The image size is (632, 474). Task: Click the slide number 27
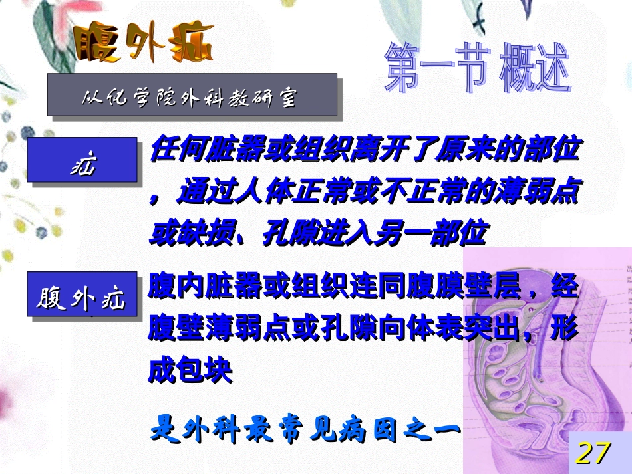click(x=593, y=453)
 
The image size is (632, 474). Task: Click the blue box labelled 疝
click(x=82, y=160)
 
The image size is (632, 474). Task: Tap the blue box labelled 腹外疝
click(x=82, y=296)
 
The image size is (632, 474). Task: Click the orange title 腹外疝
click(x=142, y=44)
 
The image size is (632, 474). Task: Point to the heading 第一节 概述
click(x=477, y=69)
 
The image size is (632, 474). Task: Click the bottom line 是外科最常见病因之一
click(x=305, y=429)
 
